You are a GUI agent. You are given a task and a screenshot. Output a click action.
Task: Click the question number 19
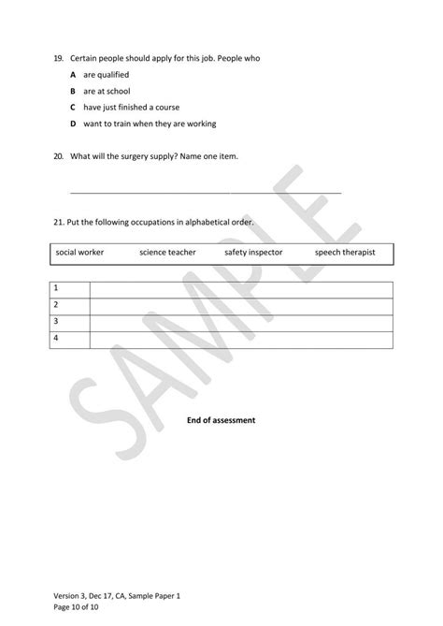tap(58, 58)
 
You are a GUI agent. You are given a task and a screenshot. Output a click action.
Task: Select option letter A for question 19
tap(73, 74)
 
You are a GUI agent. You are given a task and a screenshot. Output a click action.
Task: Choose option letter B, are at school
tap(73, 91)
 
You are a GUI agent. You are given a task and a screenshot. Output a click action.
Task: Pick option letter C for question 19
tap(73, 107)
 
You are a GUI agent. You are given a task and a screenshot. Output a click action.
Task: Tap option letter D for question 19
tap(73, 124)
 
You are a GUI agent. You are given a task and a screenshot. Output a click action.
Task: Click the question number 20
tap(58, 156)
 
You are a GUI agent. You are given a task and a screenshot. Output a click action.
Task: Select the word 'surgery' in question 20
tap(141, 156)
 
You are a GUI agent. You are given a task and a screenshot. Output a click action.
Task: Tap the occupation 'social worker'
tap(79, 252)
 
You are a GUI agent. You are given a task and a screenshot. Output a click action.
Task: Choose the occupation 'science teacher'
tap(167, 252)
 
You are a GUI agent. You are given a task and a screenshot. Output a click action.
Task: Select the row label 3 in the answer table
tap(57, 321)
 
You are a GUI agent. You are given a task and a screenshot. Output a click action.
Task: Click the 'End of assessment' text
tap(221, 421)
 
